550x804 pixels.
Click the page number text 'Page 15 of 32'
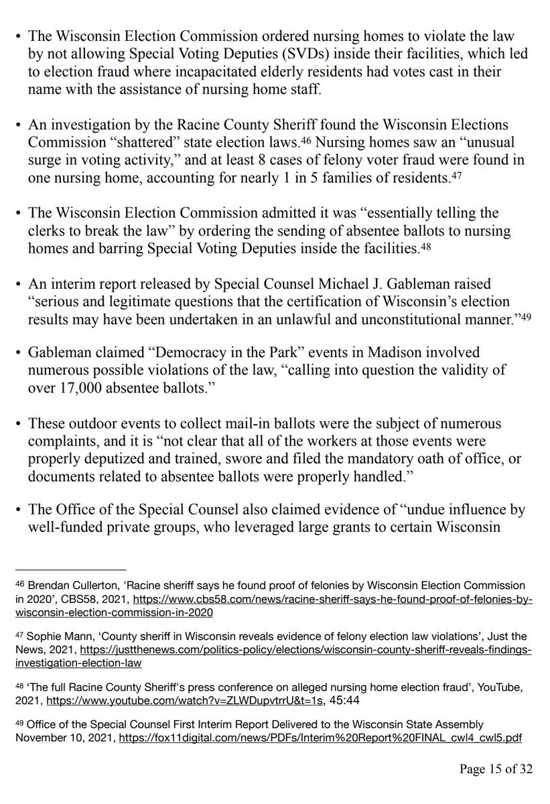coord(496,769)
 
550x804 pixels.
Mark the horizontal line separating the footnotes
coord(70,568)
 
